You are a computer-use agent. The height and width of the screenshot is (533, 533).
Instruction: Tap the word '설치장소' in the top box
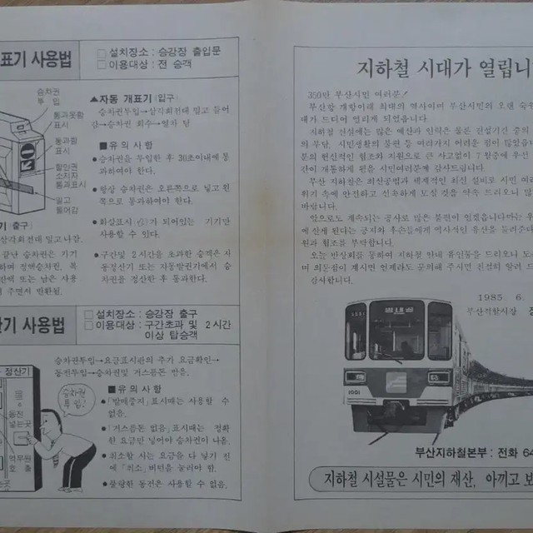125,50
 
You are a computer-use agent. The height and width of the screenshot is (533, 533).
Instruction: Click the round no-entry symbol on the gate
27,151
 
